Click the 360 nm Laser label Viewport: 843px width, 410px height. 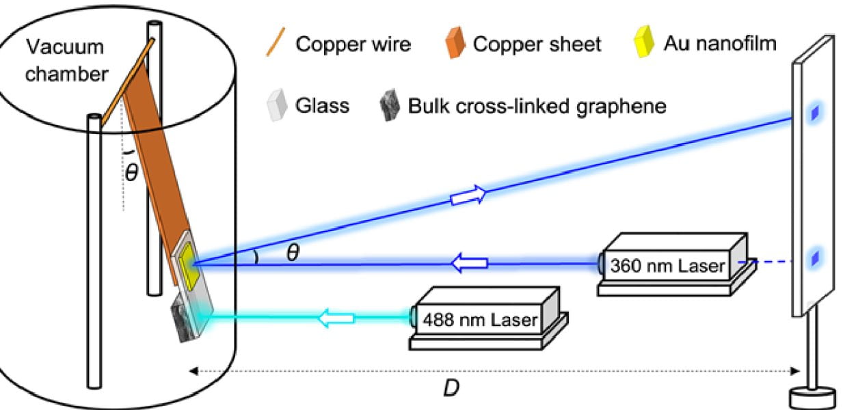point(667,265)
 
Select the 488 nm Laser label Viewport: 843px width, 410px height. point(479,319)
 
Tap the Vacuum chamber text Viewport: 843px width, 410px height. point(67,61)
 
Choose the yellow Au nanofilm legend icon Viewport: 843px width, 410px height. point(643,43)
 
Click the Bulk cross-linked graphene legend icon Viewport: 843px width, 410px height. point(390,107)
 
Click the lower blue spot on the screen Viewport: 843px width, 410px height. point(814,258)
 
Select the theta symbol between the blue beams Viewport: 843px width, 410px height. point(293,254)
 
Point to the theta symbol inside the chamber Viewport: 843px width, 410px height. point(131,172)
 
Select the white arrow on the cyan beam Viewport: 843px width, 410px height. point(336,317)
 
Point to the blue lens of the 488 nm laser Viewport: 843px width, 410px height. point(413,316)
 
